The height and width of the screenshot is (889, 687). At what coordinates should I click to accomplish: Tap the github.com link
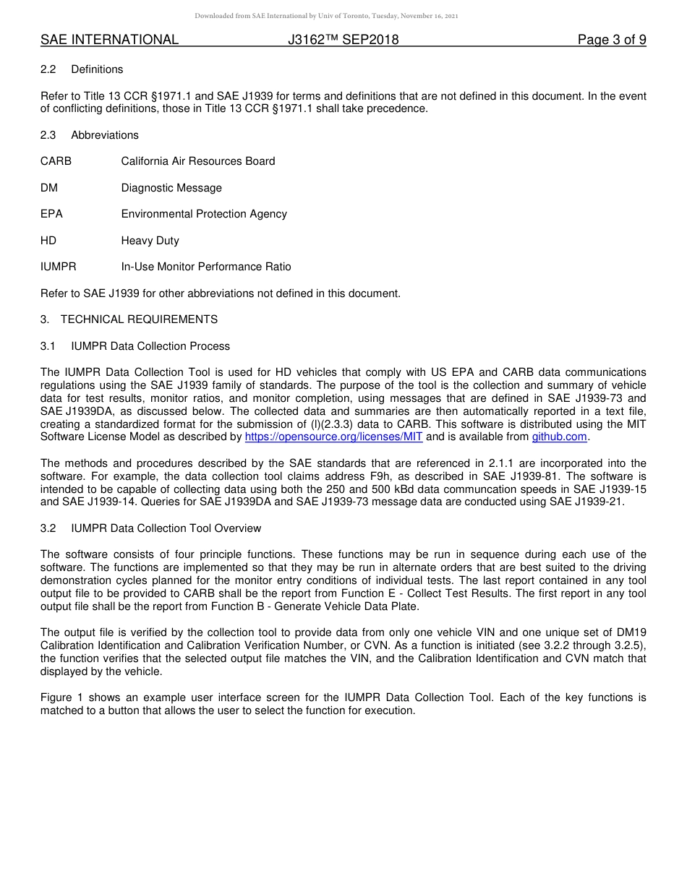pos(559,437)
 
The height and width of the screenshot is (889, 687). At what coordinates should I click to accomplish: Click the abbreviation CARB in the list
pos(56,161)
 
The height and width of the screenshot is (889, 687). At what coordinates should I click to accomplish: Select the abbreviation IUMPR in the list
pos(58,267)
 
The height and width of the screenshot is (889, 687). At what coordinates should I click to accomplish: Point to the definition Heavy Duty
pos(150,241)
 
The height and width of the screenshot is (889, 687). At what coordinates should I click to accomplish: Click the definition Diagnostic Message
pos(171,188)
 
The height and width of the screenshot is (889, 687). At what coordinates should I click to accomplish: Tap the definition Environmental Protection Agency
pos(204,214)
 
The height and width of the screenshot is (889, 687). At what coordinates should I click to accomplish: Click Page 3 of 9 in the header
pos(611,40)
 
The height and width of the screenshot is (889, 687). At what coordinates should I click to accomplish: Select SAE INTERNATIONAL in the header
pos(109,40)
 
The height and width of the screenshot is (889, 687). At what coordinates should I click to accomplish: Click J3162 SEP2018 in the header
pos(343,40)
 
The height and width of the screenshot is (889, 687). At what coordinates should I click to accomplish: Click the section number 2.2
pos(48,69)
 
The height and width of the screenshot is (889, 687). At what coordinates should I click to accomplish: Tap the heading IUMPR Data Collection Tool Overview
pos(166,528)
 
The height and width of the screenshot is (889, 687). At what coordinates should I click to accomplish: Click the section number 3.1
pos(48,346)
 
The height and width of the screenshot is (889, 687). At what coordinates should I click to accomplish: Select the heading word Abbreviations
pos(105,135)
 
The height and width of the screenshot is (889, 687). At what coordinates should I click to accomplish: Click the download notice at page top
pos(326,16)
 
